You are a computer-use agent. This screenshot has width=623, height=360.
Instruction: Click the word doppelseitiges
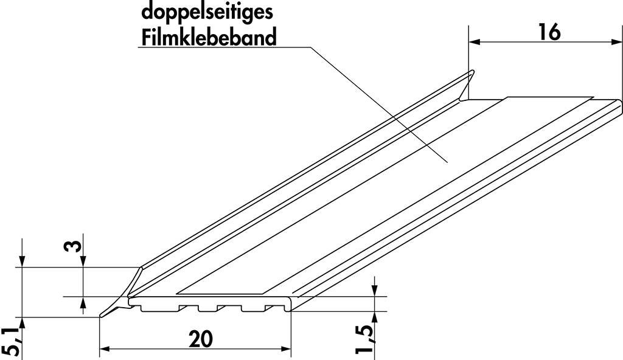tap(207, 13)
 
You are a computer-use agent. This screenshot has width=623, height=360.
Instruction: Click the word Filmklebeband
tap(209, 38)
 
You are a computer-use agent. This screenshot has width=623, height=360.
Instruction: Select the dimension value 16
tap(549, 32)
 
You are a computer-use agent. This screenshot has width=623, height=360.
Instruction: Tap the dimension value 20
tap(201, 339)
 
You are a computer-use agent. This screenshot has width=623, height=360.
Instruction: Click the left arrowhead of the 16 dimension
tap(475, 41)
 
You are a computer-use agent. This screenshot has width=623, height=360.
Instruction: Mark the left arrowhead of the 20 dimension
tap(105, 349)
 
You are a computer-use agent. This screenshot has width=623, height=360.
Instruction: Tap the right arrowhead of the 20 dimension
tap(286, 349)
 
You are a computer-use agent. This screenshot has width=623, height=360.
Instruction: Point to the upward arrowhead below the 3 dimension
tap(83, 303)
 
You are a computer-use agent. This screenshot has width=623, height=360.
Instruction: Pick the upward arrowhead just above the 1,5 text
tap(374, 317)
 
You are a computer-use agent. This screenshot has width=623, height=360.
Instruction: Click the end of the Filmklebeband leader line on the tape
tap(448, 162)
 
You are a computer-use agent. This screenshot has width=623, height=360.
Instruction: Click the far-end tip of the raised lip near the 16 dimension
tap(472, 72)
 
